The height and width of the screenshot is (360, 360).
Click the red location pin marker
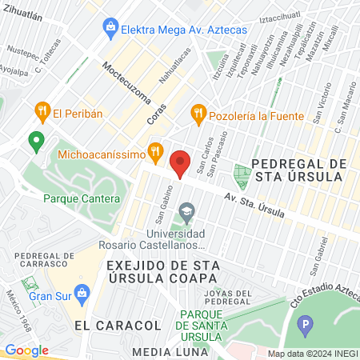180,162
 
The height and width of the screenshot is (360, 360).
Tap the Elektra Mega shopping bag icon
110,28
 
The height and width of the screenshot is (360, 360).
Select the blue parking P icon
304,326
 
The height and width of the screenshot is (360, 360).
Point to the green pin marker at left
35,142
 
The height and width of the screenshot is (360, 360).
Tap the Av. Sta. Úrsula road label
254,200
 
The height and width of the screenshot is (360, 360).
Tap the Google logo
27,350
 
